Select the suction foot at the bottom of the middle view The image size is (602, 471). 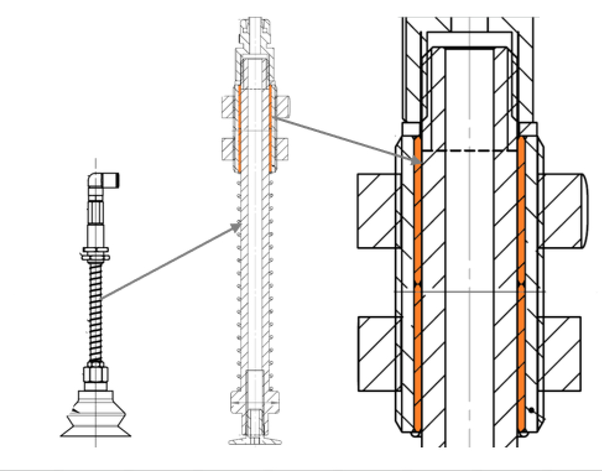(x=254, y=441)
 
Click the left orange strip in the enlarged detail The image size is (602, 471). (x=417, y=285)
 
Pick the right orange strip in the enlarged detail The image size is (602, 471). (x=521, y=285)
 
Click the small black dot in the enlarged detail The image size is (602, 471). (x=531, y=410)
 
